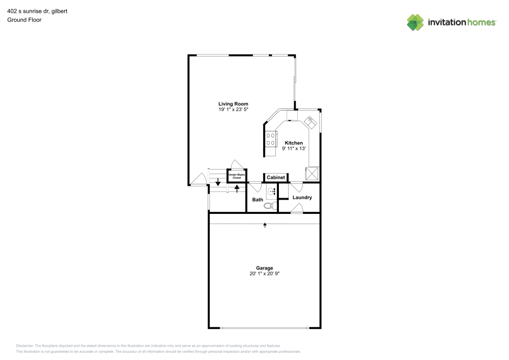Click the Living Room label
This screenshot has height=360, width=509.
(x=233, y=104)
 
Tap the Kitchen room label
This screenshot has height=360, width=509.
(x=294, y=143)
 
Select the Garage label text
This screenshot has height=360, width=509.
(x=265, y=268)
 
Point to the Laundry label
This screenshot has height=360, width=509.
(x=302, y=198)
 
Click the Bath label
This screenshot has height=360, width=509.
(x=258, y=200)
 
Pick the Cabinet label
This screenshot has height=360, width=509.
(x=276, y=178)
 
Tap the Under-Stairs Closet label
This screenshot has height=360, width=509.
(x=237, y=176)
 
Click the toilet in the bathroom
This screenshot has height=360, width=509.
(x=271, y=206)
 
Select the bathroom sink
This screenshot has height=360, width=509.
(x=271, y=191)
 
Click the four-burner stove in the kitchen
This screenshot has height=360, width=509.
(x=271, y=139)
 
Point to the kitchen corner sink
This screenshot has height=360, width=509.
(x=310, y=122)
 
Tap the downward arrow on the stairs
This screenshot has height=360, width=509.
(x=218, y=182)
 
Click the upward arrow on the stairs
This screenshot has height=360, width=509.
(x=237, y=188)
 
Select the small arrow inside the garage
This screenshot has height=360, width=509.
(x=265, y=225)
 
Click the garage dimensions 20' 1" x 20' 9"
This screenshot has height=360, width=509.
(x=265, y=273)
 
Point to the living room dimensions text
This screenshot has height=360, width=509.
(x=234, y=109)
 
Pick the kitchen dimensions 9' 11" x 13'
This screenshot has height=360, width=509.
(x=294, y=148)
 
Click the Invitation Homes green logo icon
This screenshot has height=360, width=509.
(x=415, y=22)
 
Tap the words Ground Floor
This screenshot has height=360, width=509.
(x=24, y=20)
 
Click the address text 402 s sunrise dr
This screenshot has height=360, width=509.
(x=29, y=11)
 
